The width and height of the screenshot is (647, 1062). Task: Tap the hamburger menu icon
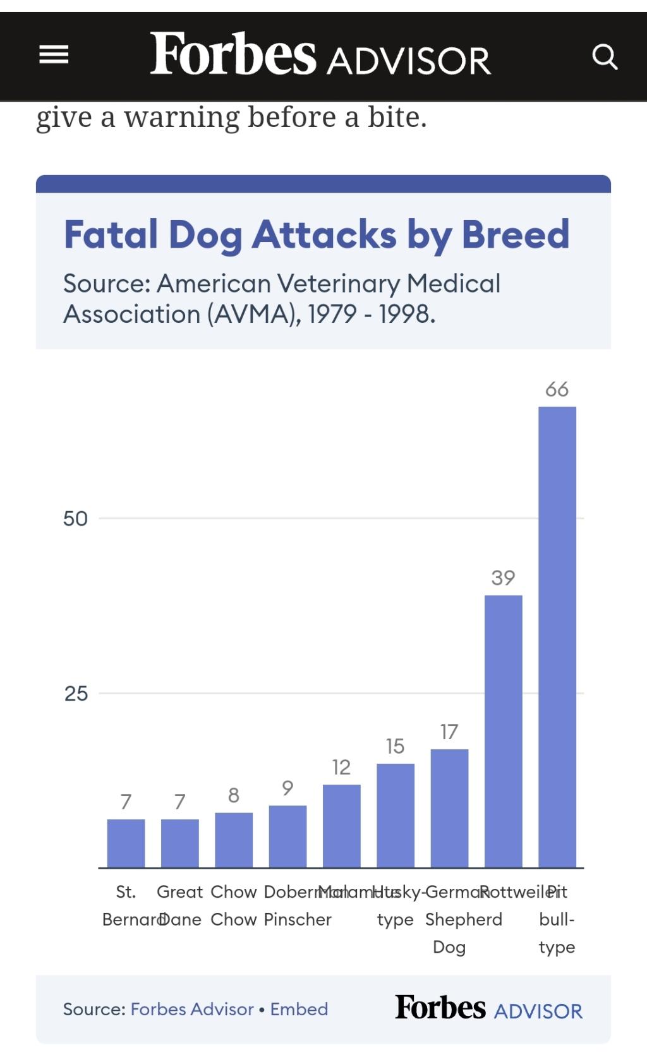(x=54, y=56)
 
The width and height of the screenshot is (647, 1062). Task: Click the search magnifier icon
(x=604, y=57)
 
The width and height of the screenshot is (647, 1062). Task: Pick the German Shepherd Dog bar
(x=449, y=808)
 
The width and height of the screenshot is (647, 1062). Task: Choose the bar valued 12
(x=341, y=826)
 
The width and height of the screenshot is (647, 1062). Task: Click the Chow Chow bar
(x=234, y=840)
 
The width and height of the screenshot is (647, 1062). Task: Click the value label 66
(x=557, y=389)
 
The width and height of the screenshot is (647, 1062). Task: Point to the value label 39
(x=503, y=577)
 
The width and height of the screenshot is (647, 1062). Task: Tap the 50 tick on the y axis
(x=75, y=519)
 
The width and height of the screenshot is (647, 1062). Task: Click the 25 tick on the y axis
(x=76, y=694)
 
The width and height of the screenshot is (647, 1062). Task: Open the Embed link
(x=299, y=1009)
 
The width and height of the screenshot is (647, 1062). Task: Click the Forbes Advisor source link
(x=192, y=1009)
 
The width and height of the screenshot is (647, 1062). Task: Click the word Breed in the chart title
(x=516, y=234)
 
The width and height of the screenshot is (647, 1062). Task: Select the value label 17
(x=449, y=732)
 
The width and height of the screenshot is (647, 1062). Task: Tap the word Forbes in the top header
(x=233, y=54)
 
